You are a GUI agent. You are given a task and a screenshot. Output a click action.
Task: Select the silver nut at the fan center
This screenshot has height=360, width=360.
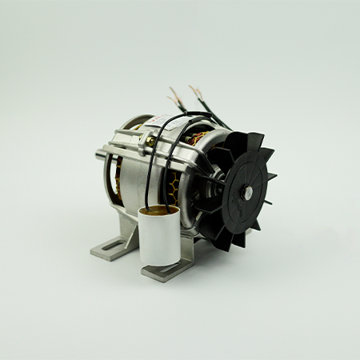click(x=248, y=190)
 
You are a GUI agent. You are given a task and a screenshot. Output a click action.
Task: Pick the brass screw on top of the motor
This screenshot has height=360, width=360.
click(x=149, y=141)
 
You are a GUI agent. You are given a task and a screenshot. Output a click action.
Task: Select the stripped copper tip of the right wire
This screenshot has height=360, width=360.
click(x=192, y=86)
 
